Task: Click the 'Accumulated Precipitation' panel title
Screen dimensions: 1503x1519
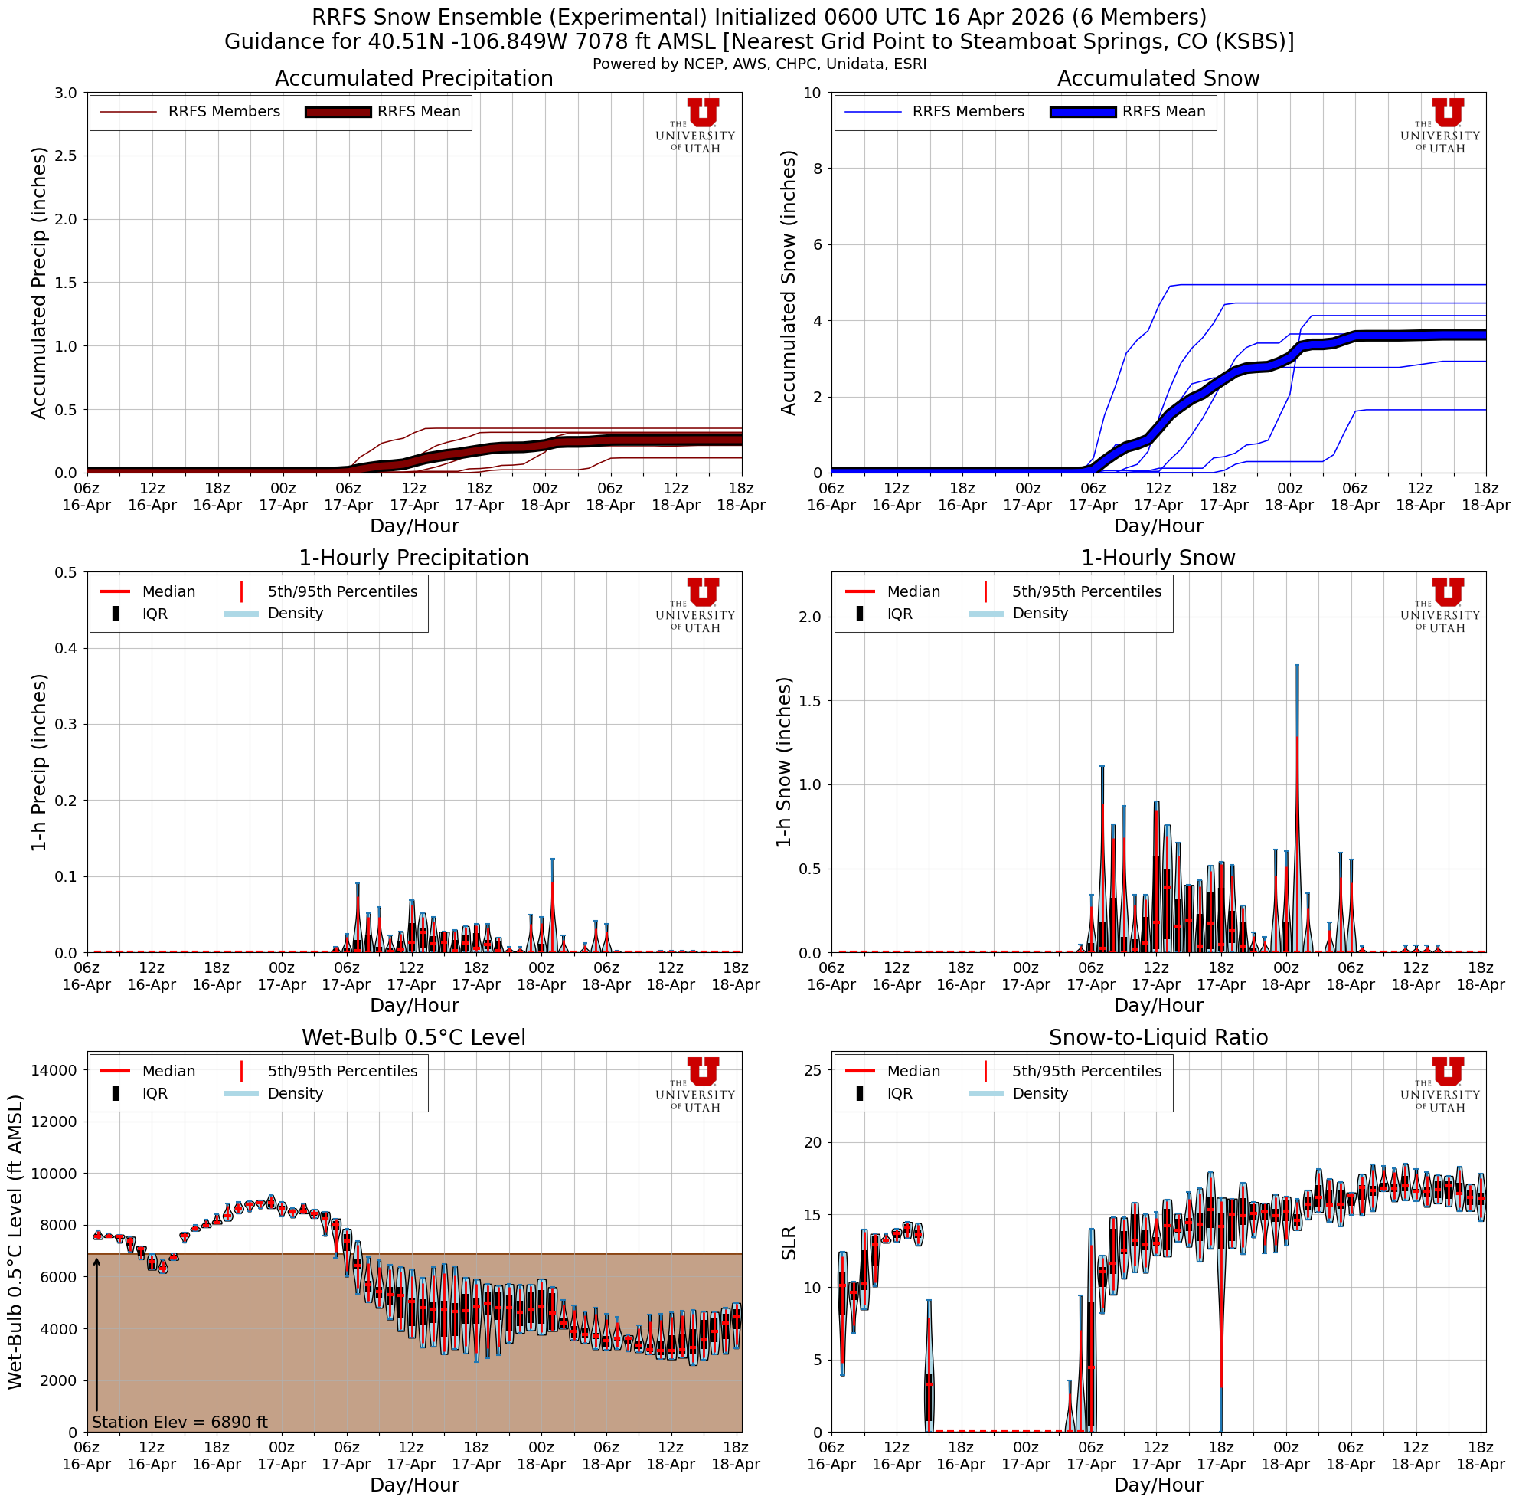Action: coord(413,79)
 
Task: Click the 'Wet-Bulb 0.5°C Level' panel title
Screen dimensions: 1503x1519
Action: coord(413,1037)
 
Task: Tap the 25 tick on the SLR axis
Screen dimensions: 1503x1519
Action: coord(813,1069)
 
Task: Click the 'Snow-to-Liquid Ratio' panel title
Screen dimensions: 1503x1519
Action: coord(1158,1037)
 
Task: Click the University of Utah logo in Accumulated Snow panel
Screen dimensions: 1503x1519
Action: coord(1439,126)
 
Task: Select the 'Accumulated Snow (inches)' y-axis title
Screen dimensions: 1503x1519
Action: coord(789,283)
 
